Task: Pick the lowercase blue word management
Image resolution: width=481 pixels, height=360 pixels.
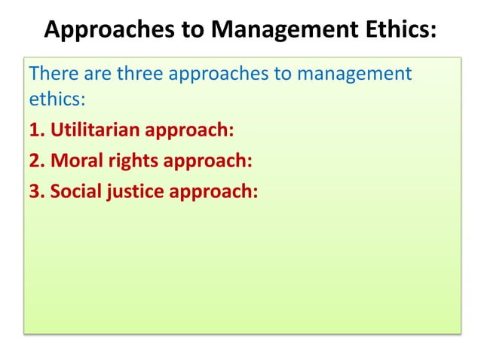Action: (354, 75)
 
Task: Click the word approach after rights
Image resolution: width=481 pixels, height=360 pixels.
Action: (209, 160)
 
